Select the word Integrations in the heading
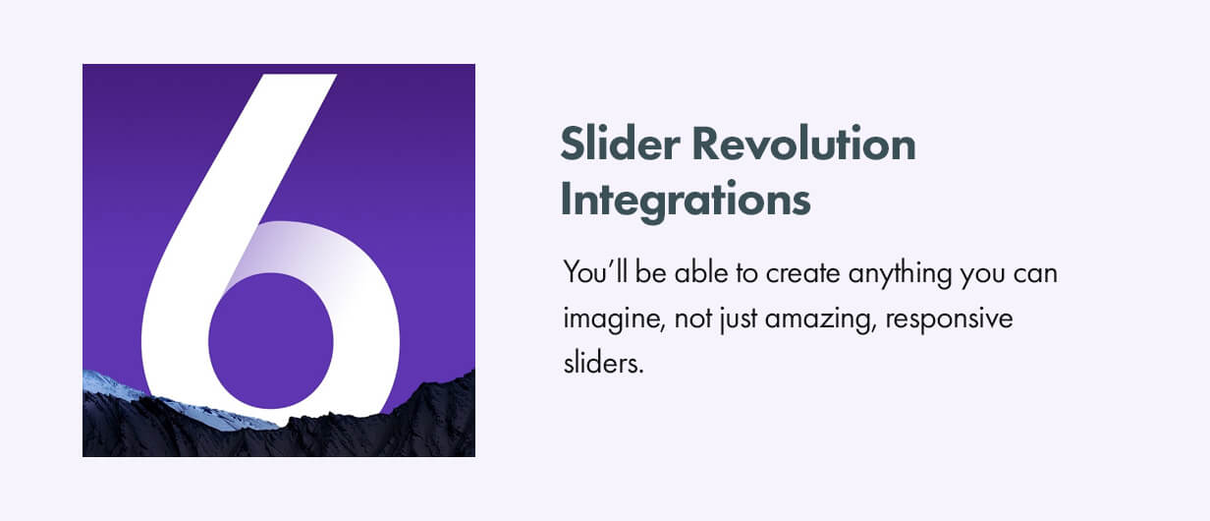coord(686,200)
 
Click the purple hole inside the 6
coord(271,340)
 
